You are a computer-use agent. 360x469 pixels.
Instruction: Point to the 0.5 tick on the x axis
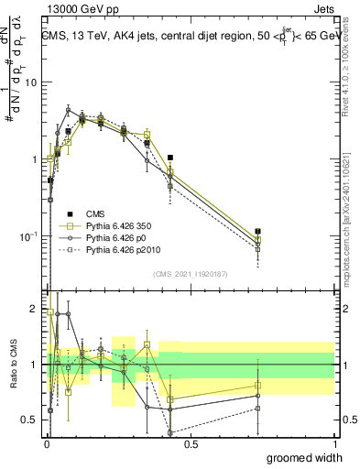[x=190, y=444]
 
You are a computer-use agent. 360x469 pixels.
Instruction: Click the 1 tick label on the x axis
[x=334, y=444]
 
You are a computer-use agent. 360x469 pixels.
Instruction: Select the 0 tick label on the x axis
[x=46, y=444]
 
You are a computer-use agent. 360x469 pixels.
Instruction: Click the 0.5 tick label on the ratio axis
[x=30, y=420]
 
